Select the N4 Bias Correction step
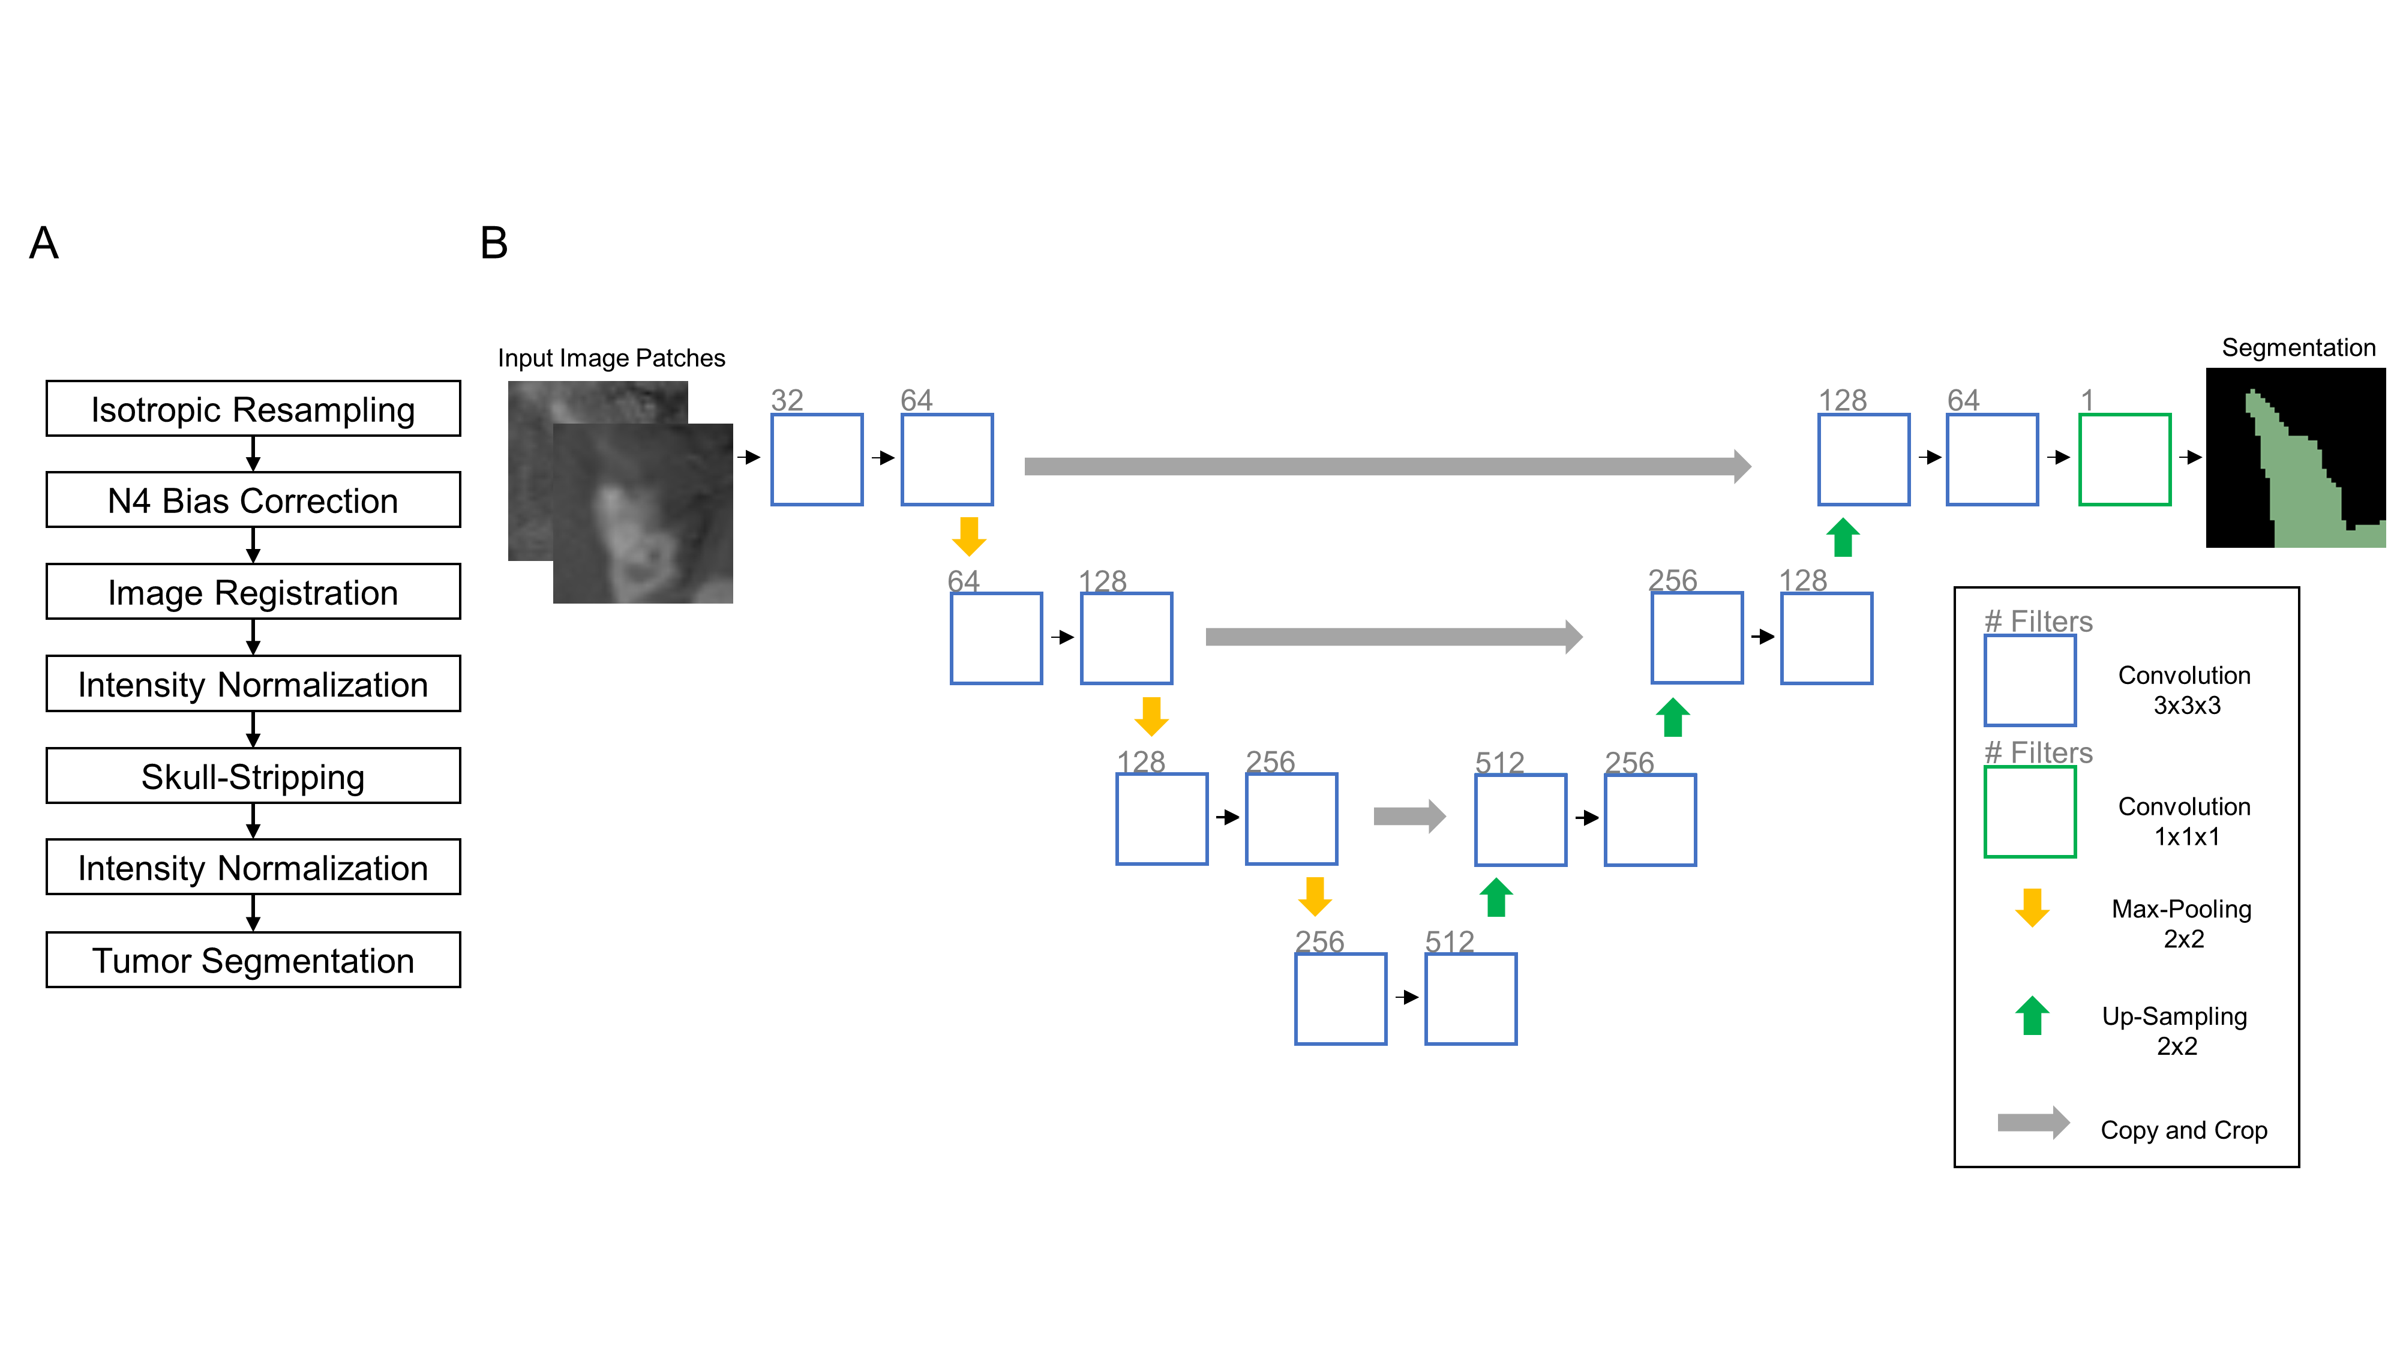(x=253, y=500)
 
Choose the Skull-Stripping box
(x=253, y=776)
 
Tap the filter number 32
(x=787, y=400)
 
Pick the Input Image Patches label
(x=611, y=358)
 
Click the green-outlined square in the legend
(x=2030, y=811)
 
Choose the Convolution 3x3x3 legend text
(x=2185, y=689)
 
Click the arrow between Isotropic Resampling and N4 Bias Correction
(x=253, y=454)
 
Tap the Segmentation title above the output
(x=2297, y=347)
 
